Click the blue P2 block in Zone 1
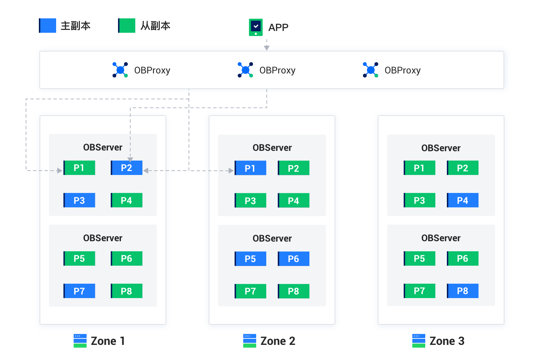(127, 168)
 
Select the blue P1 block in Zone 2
(250, 168)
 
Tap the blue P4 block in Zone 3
(463, 200)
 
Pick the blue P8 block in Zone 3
(463, 291)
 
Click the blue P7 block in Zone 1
(79, 291)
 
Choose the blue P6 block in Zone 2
(294, 258)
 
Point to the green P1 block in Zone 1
(79, 168)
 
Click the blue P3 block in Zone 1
(79, 200)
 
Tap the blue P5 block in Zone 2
(250, 258)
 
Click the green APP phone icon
(256, 27)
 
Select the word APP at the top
(278, 27)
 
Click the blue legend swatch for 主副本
(47, 26)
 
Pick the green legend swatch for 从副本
(127, 26)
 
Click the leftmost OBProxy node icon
(120, 70)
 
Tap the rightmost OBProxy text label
(402, 71)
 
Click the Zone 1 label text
(108, 341)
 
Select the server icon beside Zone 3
(419, 341)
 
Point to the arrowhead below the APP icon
(267, 48)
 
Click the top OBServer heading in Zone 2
(272, 148)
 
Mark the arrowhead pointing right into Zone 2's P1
(231, 171)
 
